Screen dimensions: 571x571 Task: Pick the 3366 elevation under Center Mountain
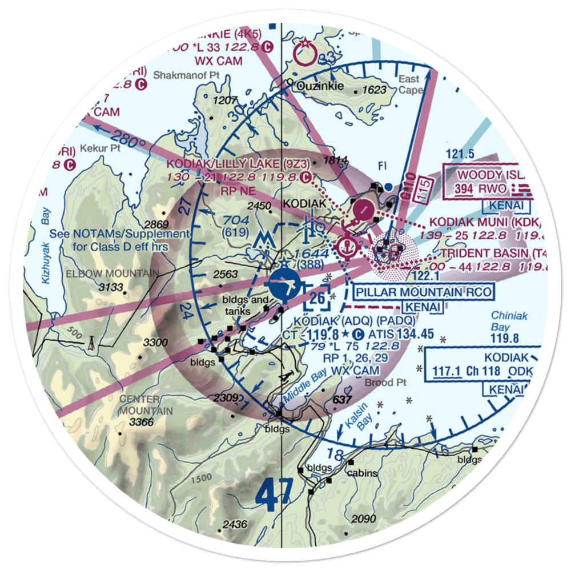click(x=142, y=422)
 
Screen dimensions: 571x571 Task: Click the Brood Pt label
click(x=388, y=383)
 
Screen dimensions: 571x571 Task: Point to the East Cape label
click(x=409, y=85)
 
